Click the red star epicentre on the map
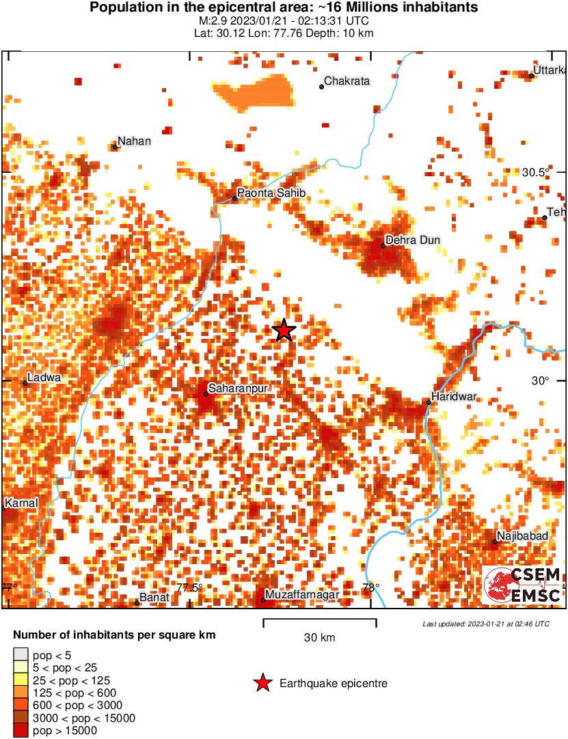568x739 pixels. (284, 330)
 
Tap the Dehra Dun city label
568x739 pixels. (412, 240)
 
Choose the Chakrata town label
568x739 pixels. (347, 81)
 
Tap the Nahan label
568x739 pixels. (134, 141)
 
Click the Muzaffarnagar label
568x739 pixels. (302, 596)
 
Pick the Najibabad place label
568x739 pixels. (523, 536)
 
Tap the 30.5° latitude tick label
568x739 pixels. (536, 172)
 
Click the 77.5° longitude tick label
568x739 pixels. (189, 587)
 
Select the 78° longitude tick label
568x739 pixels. (370, 587)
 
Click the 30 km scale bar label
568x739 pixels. (319, 638)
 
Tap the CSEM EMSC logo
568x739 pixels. (523, 585)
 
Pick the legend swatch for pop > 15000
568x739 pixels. (20, 731)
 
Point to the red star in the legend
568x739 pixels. (262, 683)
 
